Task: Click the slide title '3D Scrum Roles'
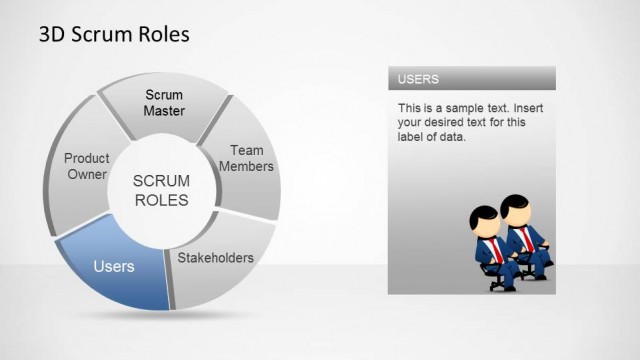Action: pyautogui.click(x=113, y=35)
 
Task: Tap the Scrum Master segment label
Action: pyautogui.click(x=164, y=103)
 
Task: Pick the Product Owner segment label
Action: pyautogui.click(x=86, y=166)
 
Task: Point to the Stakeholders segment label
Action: pyautogui.click(x=215, y=258)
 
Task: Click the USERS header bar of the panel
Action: pyautogui.click(x=471, y=78)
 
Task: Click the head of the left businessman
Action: pyautogui.click(x=483, y=218)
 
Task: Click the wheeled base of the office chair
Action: pyautogui.click(x=497, y=284)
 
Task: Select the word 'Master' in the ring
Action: pyautogui.click(x=164, y=111)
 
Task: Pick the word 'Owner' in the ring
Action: pyautogui.click(x=87, y=174)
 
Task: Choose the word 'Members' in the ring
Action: pyautogui.click(x=246, y=166)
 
